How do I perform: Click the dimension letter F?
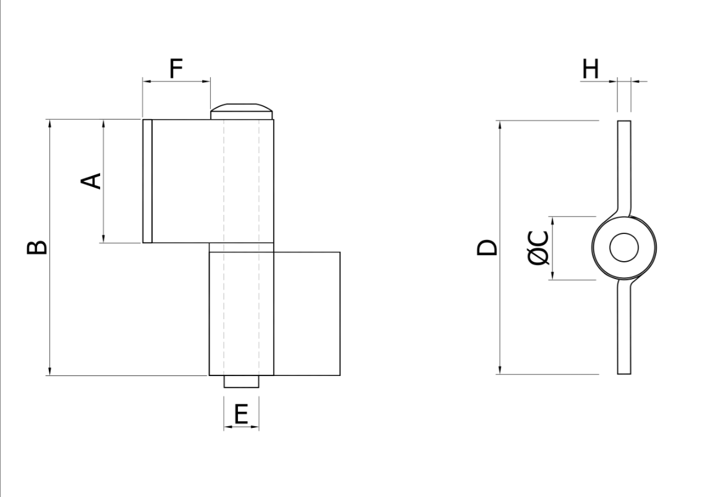(x=175, y=69)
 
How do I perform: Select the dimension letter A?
(x=91, y=181)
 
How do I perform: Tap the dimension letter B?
(x=36, y=248)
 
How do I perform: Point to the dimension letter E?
(x=241, y=414)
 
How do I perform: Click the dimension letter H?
(x=591, y=69)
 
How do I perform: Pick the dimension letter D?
(x=487, y=248)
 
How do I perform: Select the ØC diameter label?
(x=538, y=248)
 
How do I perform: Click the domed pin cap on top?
(x=242, y=111)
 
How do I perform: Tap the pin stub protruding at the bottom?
(x=242, y=381)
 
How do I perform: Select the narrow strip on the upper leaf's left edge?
(x=147, y=181)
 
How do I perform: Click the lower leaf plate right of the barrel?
(x=306, y=314)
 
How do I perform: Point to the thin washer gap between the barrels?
(x=242, y=248)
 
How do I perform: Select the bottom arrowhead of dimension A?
(x=103, y=238)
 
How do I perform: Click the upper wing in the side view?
(x=624, y=167)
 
